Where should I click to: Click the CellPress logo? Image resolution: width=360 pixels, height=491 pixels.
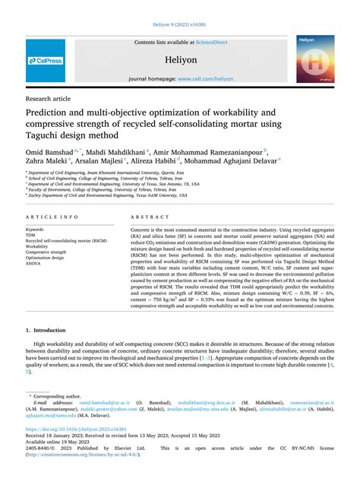pyautogui.click(x=45, y=60)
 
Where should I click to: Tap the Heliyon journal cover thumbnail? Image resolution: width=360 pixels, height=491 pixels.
pyautogui.click(x=315, y=59)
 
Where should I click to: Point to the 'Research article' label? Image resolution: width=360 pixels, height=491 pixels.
pyautogui.click(x=49, y=99)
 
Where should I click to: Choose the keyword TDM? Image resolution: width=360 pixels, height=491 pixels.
pyautogui.click(x=32, y=235)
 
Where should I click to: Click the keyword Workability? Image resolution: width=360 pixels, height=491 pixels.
pyautogui.click(x=37, y=246)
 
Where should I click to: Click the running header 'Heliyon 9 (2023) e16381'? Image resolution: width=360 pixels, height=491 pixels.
pyautogui.click(x=180, y=25)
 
